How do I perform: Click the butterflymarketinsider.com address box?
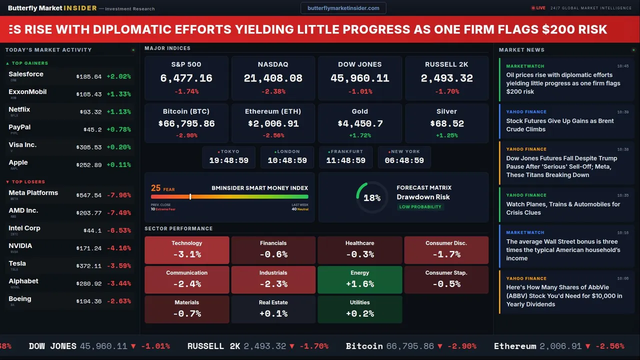coord(343,8)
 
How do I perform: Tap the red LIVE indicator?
coord(538,8)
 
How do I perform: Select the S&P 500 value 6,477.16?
coord(186,78)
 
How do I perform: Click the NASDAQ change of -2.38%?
coord(273,91)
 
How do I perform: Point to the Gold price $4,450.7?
coord(360,123)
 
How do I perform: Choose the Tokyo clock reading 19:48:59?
coord(228,160)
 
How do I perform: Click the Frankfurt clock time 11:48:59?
coord(345,160)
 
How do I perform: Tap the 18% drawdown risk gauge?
coord(372,197)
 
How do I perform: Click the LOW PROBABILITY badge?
coord(420,207)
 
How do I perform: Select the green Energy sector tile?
coord(360,279)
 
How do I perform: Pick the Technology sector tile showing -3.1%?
coord(187,250)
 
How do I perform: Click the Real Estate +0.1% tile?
coord(273,309)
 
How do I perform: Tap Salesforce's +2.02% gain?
coord(118,76)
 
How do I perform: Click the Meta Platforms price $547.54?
coord(89,195)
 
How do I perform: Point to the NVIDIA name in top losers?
coord(20,246)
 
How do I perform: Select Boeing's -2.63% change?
coord(118,301)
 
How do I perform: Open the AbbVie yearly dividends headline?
coord(564,295)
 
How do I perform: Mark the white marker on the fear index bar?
coord(190,197)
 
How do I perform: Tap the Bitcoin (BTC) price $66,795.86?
coord(186,123)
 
